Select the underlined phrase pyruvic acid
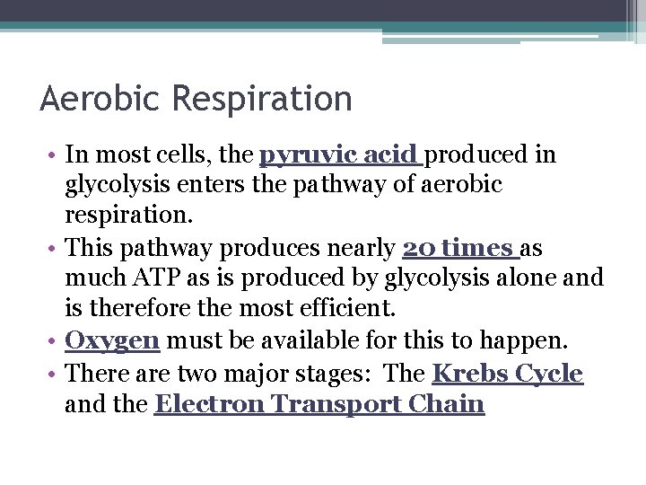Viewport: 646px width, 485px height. (341, 155)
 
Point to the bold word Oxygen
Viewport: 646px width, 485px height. (113, 341)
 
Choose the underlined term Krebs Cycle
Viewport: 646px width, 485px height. (507, 373)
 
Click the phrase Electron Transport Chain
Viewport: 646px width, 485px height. (319, 404)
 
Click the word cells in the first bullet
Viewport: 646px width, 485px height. (188, 155)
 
